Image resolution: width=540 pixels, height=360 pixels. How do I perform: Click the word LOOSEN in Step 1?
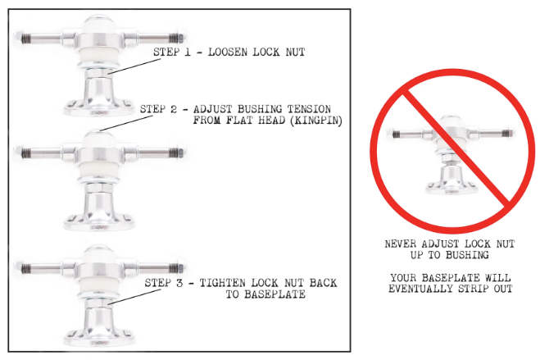[227, 52]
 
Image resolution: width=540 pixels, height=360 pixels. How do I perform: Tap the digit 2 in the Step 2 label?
[174, 109]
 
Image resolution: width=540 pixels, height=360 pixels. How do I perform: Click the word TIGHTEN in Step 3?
[223, 283]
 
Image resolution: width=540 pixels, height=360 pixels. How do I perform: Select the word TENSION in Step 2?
[309, 109]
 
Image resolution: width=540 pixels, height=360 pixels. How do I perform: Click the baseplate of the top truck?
[99, 107]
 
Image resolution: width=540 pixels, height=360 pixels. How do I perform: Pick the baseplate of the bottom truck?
[99, 337]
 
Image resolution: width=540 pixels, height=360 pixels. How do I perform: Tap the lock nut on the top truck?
[99, 73]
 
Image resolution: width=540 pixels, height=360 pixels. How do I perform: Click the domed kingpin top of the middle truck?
[99, 139]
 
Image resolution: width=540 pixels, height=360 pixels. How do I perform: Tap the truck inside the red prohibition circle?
[452, 155]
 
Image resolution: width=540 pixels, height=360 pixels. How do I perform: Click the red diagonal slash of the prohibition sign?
[456, 147]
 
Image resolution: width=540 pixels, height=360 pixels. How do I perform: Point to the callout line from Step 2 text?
[126, 124]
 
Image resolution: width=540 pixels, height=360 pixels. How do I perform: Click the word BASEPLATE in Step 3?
[265, 294]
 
